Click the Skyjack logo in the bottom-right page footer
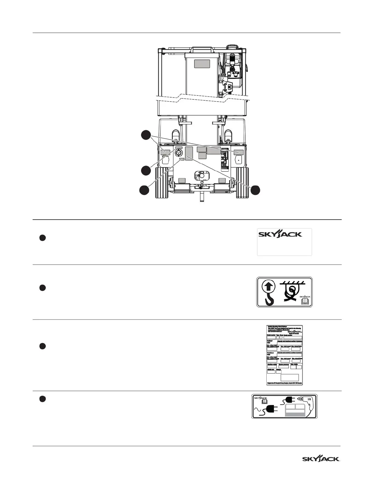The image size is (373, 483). tap(321, 459)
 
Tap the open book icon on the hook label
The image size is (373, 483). tap(305, 302)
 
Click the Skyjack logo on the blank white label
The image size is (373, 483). tap(280, 234)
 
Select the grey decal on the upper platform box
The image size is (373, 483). tap(202, 64)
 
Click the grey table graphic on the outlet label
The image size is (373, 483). tap(295, 410)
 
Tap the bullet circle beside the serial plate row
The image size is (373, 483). tap(43, 346)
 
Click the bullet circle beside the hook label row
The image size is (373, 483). tap(43, 288)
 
